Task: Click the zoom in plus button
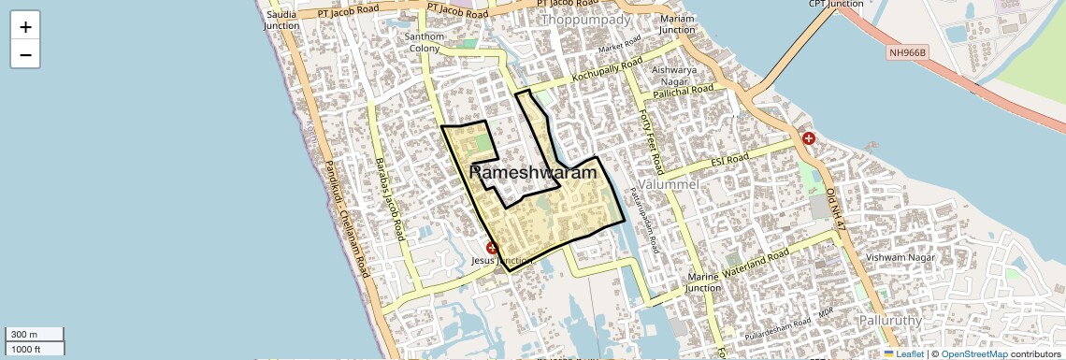pyautogui.click(x=25, y=27)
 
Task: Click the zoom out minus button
pyautogui.click(x=25, y=54)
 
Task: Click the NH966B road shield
pyautogui.click(x=906, y=54)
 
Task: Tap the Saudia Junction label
pyautogui.click(x=281, y=21)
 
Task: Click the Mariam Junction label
pyautogui.click(x=677, y=24)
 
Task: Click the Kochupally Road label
pyautogui.click(x=608, y=69)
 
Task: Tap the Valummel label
pyautogui.click(x=667, y=185)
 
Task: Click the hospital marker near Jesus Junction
pyautogui.click(x=492, y=248)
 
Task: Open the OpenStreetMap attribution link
pyautogui.click(x=973, y=353)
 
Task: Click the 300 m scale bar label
pyautogui.click(x=24, y=335)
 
